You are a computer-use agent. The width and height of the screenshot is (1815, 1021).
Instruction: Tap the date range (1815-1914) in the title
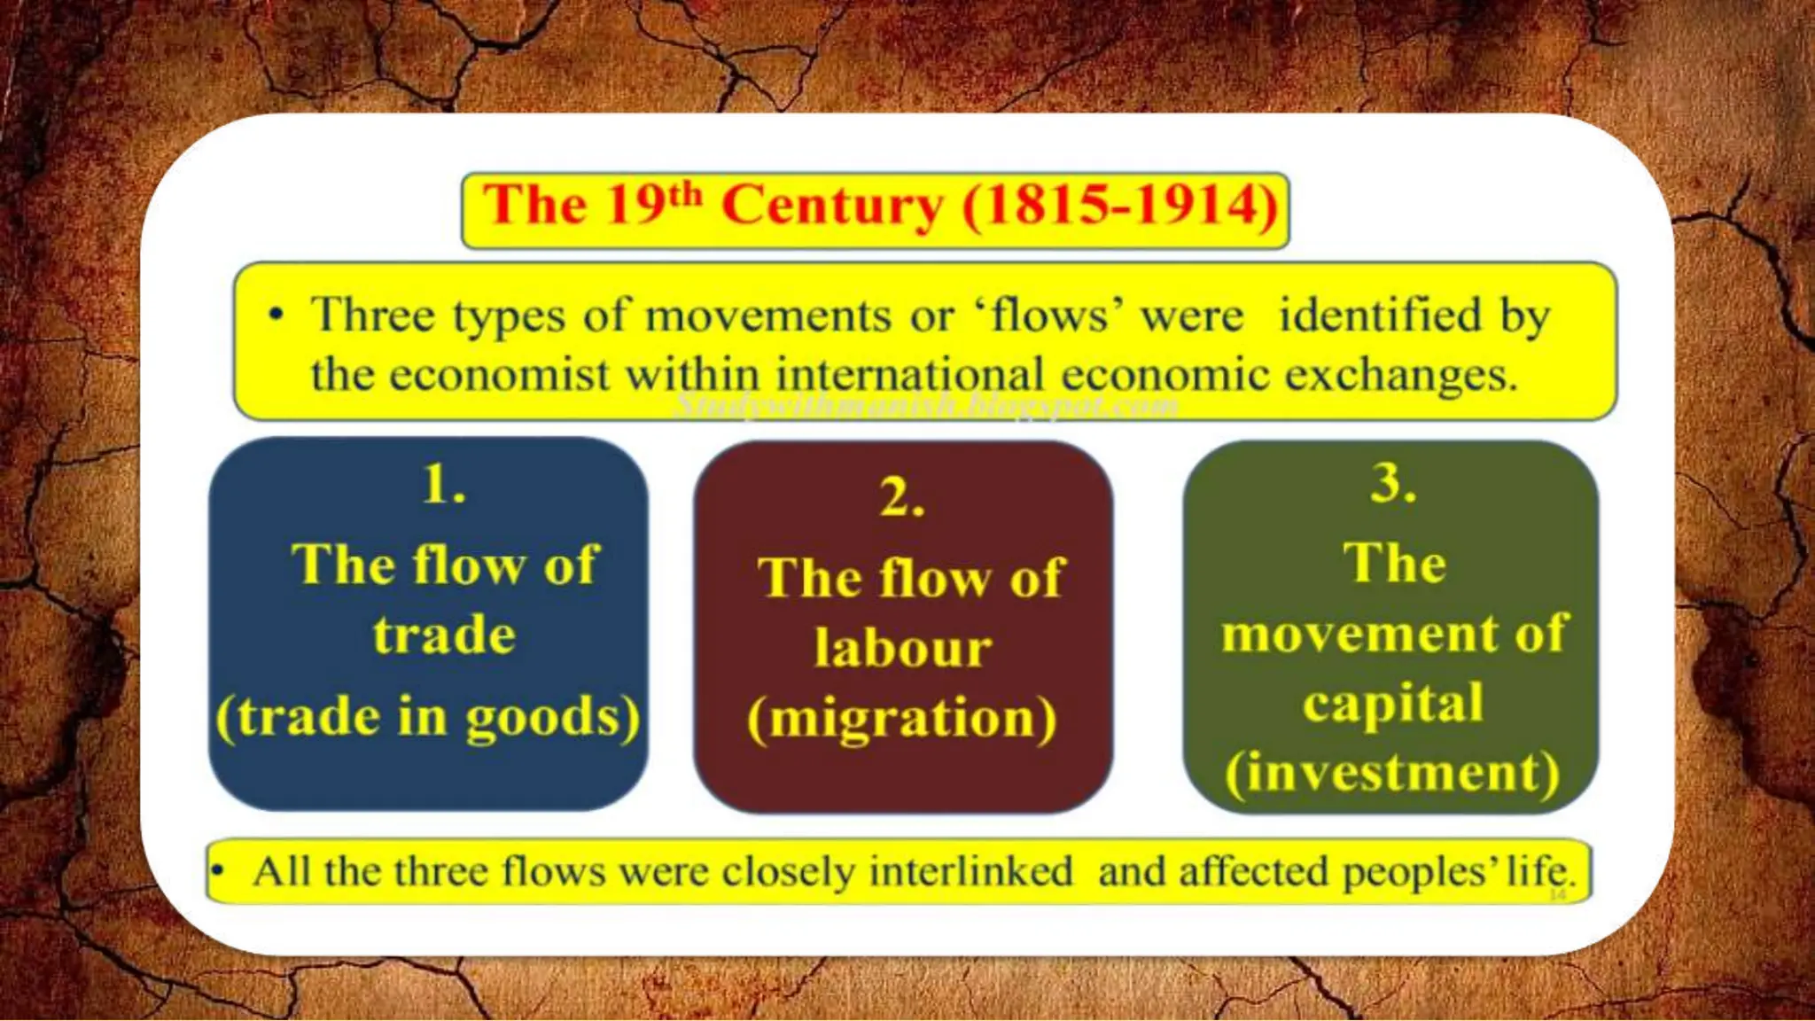click(x=1120, y=206)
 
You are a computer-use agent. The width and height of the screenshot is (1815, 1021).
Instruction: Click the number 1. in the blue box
click(x=444, y=485)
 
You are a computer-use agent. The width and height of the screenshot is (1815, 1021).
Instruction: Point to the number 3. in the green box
click(x=1392, y=484)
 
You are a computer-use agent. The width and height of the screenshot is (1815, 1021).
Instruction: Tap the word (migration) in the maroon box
click(x=902, y=718)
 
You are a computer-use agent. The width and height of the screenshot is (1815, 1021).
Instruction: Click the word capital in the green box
click(x=1392, y=704)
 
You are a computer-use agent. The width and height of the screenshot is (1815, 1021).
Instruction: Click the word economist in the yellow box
click(x=498, y=375)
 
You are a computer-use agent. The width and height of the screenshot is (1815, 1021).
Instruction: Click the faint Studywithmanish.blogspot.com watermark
click(x=926, y=406)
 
